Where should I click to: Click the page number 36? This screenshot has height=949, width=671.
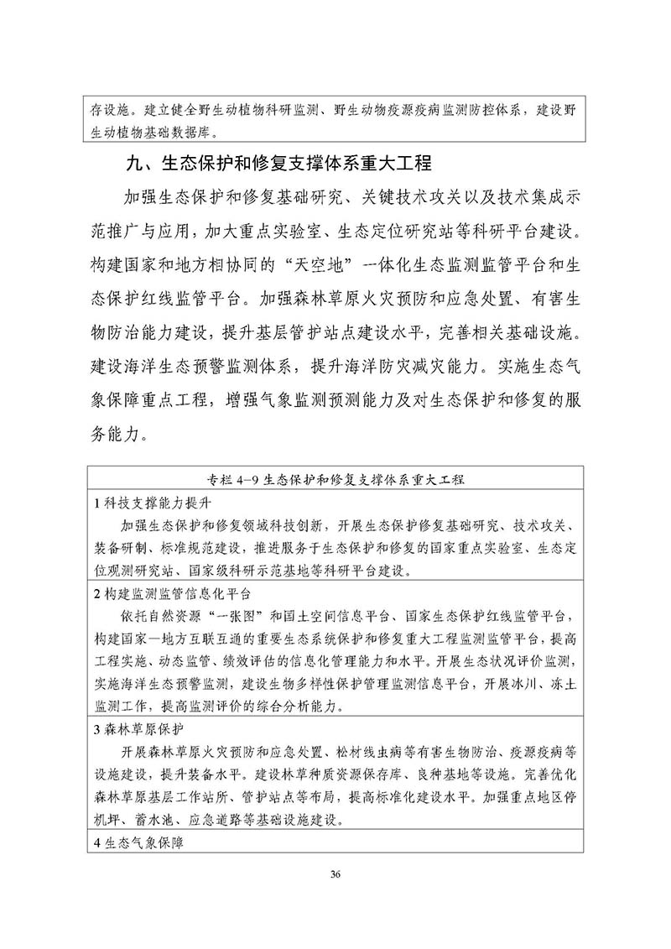coord(335,875)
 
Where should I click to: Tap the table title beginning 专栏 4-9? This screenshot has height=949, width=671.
coord(335,479)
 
